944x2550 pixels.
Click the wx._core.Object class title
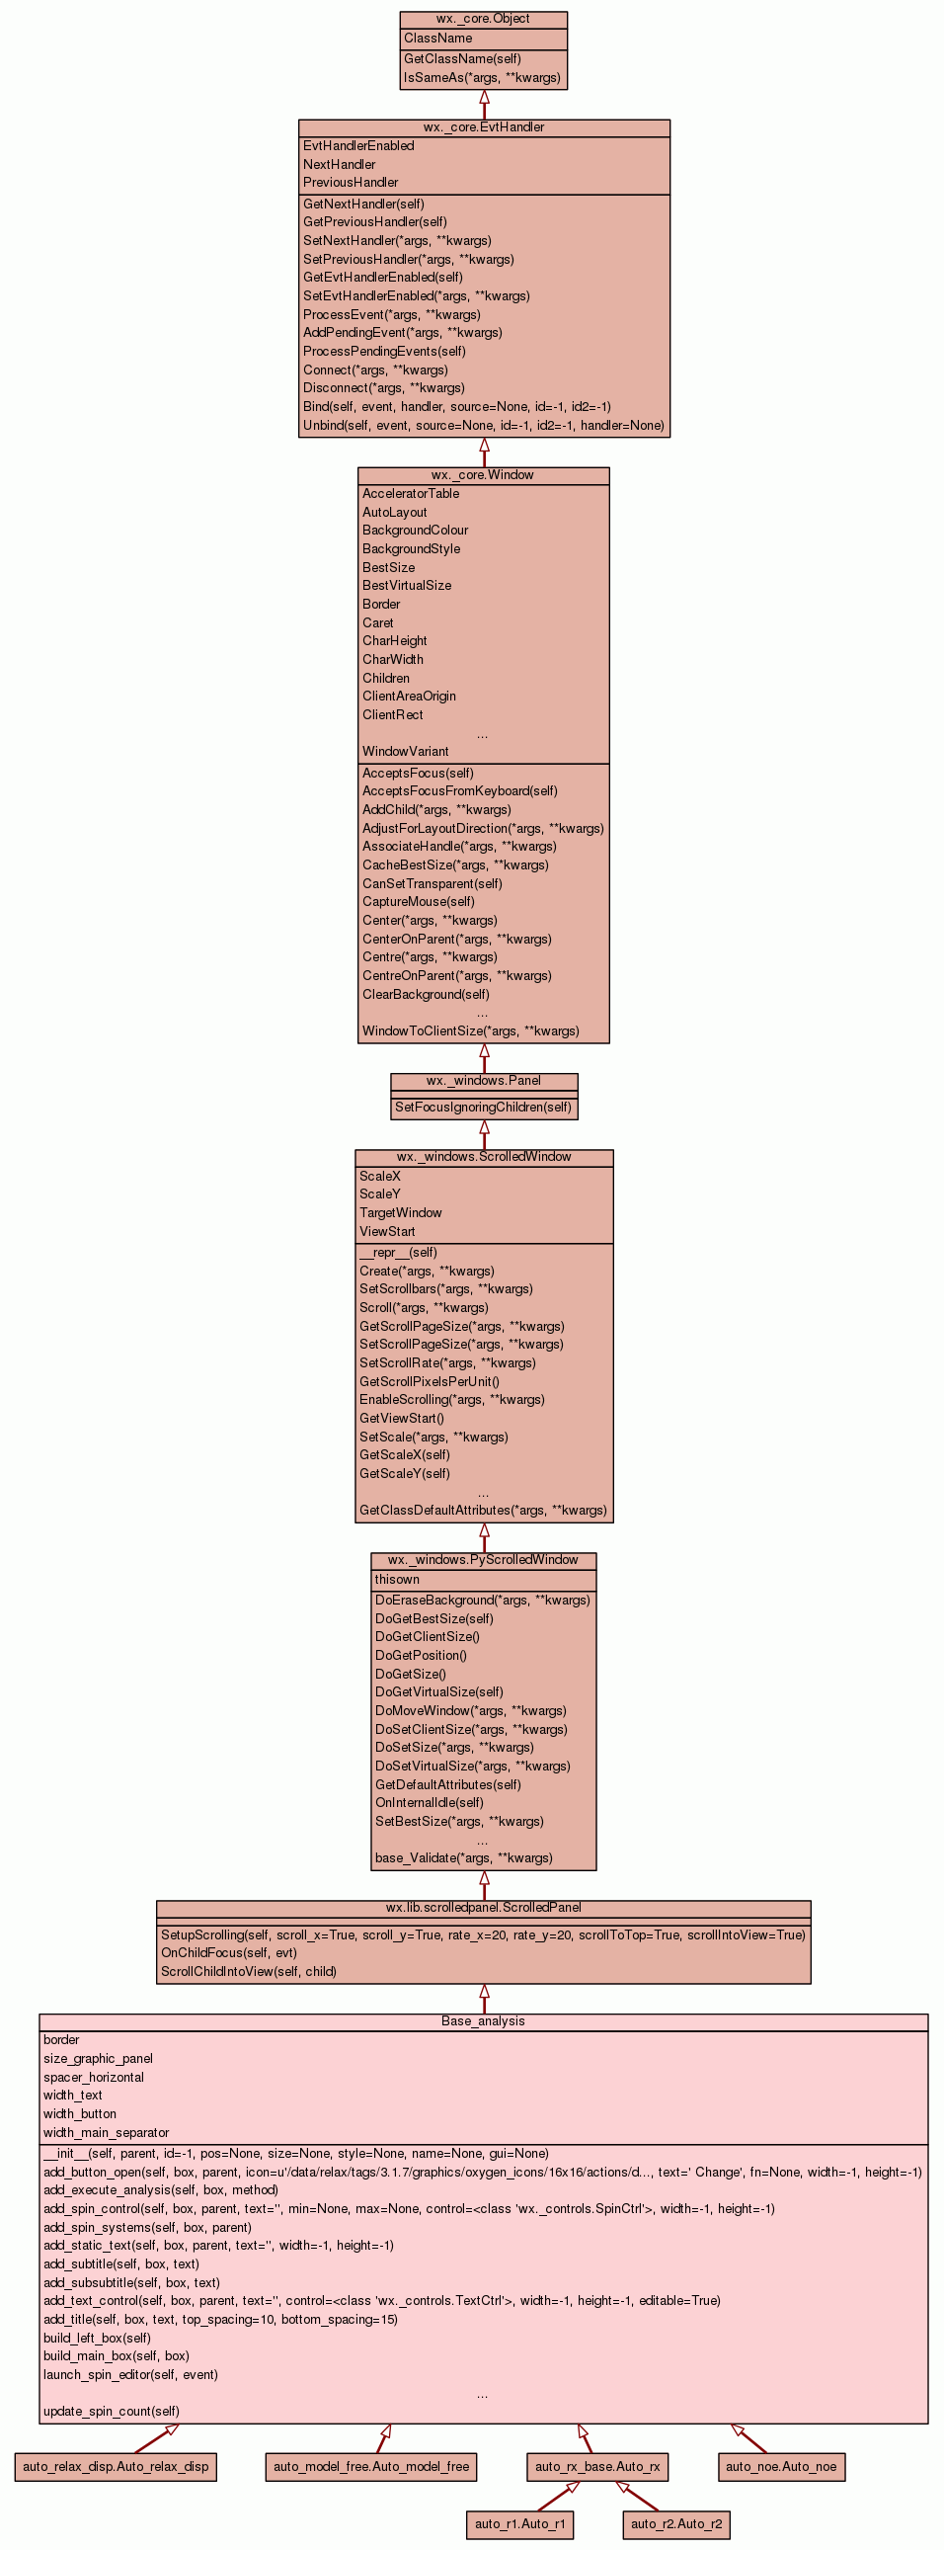[483, 19]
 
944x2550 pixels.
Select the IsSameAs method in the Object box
[482, 77]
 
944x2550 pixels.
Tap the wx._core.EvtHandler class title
[483, 127]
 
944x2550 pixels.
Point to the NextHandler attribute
[340, 164]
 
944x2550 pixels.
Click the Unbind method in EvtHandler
[483, 426]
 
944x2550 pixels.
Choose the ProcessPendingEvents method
[384, 352]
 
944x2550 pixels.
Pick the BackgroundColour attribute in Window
[415, 531]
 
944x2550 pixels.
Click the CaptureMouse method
[418, 902]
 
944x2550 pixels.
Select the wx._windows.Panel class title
[483, 1081]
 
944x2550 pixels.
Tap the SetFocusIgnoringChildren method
[483, 1108]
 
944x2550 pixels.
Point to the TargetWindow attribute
[400, 1213]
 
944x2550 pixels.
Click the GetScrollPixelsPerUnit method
[429, 1382]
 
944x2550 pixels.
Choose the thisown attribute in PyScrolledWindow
[397, 1580]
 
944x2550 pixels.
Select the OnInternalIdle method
[429, 1803]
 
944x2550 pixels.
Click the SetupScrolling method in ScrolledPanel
[483, 1935]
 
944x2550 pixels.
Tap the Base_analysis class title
[483, 2021]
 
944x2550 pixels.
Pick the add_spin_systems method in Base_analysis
[146, 2227]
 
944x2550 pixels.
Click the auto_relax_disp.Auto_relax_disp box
[116, 2467]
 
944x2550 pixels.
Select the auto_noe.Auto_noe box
[781, 2467]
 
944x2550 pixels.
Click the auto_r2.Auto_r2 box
[675, 2524]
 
